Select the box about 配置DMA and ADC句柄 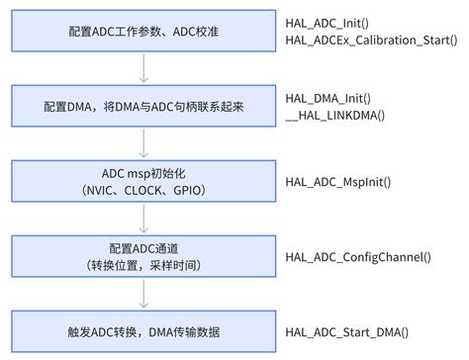144,105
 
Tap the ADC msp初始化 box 144,181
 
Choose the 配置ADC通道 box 144,256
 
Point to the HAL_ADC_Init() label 328,21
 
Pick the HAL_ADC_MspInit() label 338,182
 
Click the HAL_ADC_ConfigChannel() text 358,257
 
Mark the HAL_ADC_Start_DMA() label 346,332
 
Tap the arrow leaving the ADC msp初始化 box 144,219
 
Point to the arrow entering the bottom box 144,294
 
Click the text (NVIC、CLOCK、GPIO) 144,190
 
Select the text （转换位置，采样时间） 144,266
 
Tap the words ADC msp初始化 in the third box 144,172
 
